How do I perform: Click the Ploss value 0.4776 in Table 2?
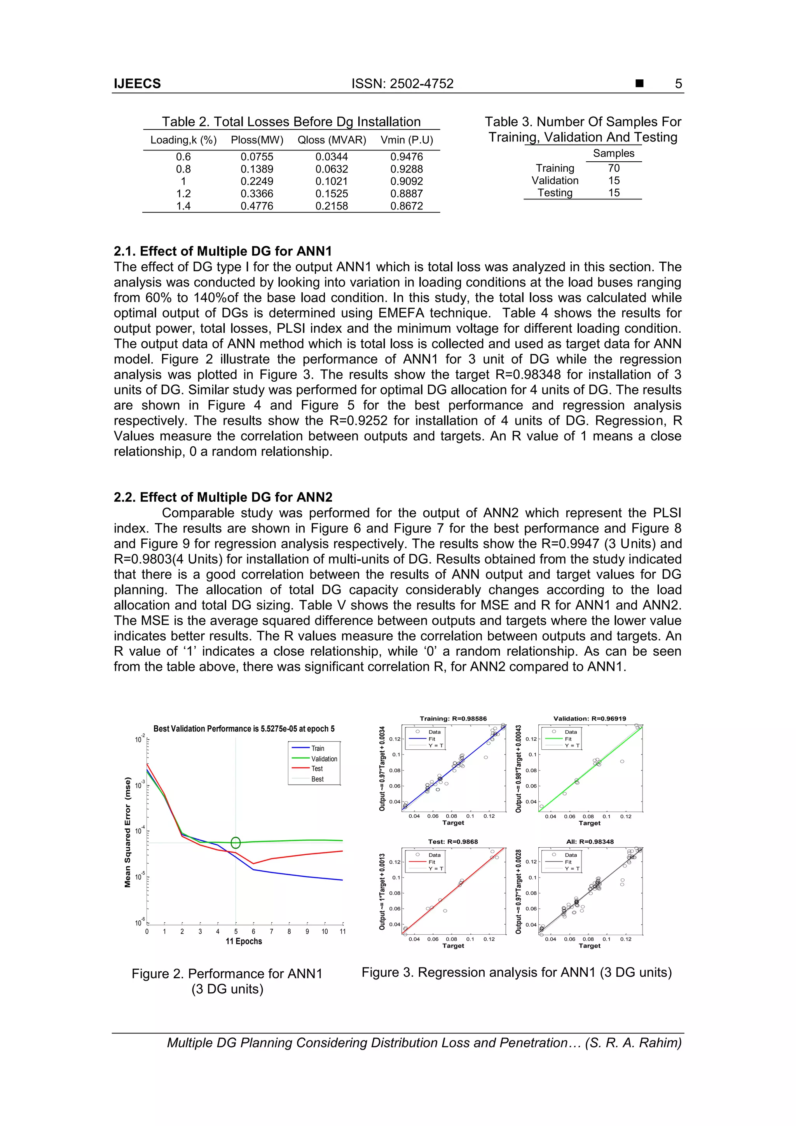[x=257, y=206]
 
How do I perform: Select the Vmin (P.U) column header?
[x=407, y=140]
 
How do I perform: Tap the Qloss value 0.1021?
[x=332, y=182]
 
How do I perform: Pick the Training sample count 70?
[x=614, y=168]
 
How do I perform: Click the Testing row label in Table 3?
[x=555, y=193]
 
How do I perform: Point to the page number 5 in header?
[x=678, y=84]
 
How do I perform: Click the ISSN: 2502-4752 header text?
[x=402, y=84]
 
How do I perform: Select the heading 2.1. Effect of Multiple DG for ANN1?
[x=223, y=251]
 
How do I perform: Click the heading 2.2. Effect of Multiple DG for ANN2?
[x=223, y=497]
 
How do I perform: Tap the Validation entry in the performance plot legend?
[x=324, y=759]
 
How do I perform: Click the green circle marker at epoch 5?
[x=236, y=843]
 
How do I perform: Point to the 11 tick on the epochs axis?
[x=342, y=931]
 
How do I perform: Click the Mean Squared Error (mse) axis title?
[x=127, y=832]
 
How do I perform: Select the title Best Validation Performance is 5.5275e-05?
[x=244, y=729]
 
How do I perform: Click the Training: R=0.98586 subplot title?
[x=453, y=718]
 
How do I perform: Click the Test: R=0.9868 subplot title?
[x=453, y=841]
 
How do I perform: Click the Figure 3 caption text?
[x=517, y=972]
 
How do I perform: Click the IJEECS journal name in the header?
[x=137, y=84]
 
